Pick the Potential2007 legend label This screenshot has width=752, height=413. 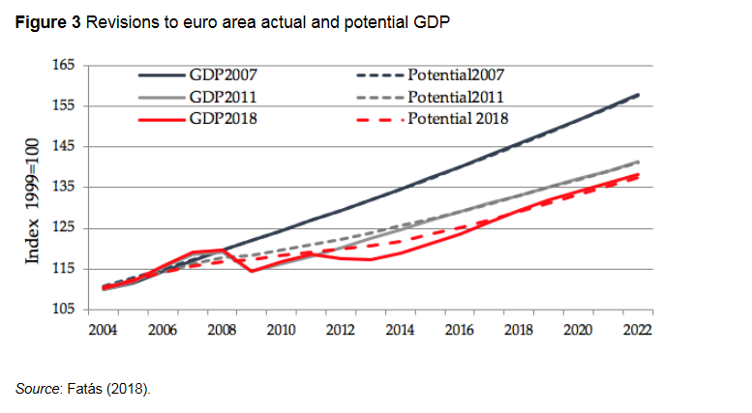click(456, 74)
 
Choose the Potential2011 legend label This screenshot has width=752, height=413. click(456, 96)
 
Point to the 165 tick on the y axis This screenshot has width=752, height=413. click(63, 65)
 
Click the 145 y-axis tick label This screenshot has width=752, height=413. click(63, 146)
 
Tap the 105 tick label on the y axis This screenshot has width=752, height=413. click(63, 309)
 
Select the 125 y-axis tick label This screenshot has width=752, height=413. click(63, 227)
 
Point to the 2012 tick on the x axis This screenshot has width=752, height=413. click(340, 329)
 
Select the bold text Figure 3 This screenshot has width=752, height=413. click(47, 22)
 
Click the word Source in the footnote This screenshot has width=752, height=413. click(36, 389)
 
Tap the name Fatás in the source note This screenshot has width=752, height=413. click(86, 389)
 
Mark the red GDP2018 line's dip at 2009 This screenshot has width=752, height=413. click(252, 271)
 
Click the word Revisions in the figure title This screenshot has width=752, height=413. click(121, 22)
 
